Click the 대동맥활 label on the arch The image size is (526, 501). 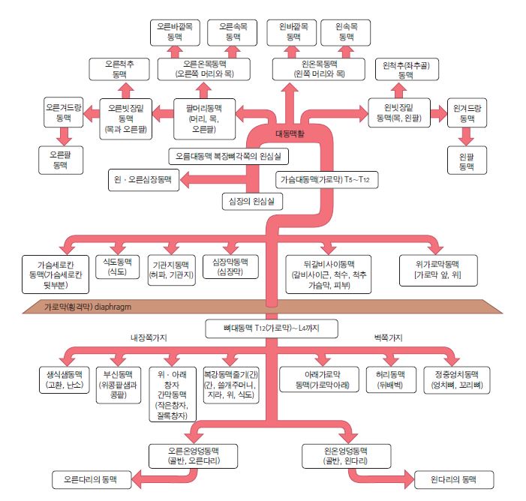[x=291, y=134]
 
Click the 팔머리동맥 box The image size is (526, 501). [x=201, y=116]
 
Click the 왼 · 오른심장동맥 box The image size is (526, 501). [x=143, y=180]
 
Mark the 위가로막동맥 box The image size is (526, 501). [x=436, y=269]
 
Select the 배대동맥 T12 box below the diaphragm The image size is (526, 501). [x=271, y=328]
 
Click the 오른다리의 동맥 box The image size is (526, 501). [x=91, y=478]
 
